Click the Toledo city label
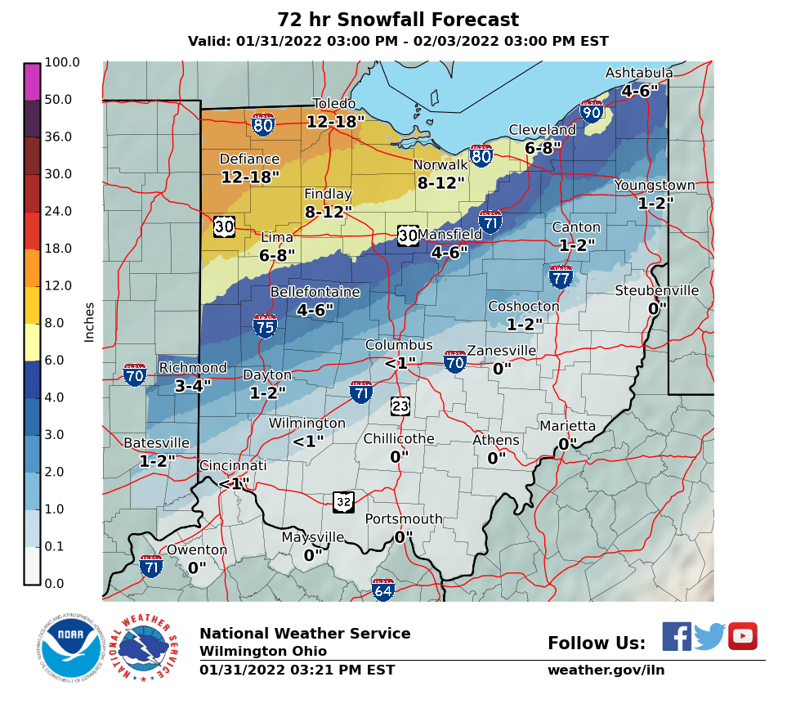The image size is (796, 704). click(x=334, y=104)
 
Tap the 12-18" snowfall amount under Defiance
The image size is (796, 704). click(x=250, y=177)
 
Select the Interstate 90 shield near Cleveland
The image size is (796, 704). click(x=592, y=112)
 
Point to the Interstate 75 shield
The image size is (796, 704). click(x=265, y=326)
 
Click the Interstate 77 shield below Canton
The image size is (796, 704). click(x=561, y=278)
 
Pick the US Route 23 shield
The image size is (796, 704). click(x=400, y=406)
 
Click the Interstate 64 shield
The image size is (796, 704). click(x=383, y=589)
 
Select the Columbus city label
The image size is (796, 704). click(x=399, y=345)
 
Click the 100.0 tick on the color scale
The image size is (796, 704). click(x=62, y=62)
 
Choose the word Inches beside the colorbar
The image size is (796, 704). click(x=89, y=322)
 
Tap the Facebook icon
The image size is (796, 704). click(x=676, y=636)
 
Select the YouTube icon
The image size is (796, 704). click(x=743, y=636)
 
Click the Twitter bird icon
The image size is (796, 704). click(x=709, y=636)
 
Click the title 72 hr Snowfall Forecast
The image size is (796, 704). click(x=398, y=20)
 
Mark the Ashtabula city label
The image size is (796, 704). click(x=639, y=74)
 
